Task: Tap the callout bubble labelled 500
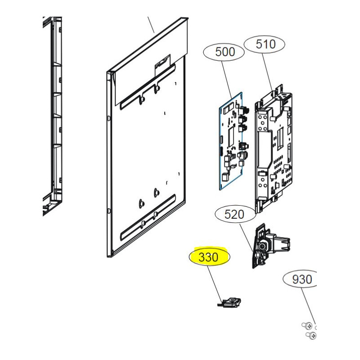tap(225, 52)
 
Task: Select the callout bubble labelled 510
tap(265, 44)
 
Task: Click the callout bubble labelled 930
tap(301, 279)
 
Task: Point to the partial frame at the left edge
tap(52, 117)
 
